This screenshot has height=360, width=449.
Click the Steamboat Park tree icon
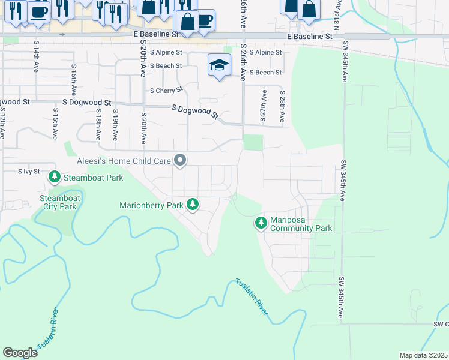point(55,177)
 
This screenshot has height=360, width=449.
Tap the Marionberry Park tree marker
point(193,205)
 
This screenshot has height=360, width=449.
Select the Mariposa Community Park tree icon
point(261,223)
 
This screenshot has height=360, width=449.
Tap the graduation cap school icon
point(219,65)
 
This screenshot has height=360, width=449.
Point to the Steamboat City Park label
point(58,202)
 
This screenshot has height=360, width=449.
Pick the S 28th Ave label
point(282,107)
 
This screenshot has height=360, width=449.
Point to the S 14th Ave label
point(37,58)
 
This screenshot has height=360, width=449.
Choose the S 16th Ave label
point(73,80)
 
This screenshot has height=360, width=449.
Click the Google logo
point(20,353)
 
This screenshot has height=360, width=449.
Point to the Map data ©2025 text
point(423,355)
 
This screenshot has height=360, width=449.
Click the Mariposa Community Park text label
point(301,224)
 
